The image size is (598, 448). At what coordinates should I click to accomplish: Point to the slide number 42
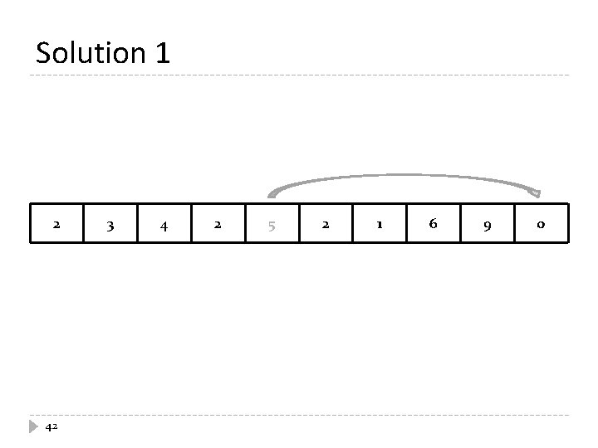pyautogui.click(x=51, y=426)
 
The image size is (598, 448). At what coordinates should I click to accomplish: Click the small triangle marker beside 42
pyautogui.click(x=33, y=426)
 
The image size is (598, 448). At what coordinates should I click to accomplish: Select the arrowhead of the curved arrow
pyautogui.click(x=535, y=193)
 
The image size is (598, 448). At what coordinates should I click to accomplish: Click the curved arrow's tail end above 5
pyautogui.click(x=270, y=194)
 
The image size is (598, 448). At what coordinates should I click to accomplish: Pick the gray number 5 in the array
pyautogui.click(x=272, y=225)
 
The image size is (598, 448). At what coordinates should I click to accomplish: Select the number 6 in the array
pyautogui.click(x=433, y=223)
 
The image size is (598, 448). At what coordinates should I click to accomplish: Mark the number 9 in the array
pyautogui.click(x=488, y=224)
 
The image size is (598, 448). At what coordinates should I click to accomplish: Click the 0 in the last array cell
pyautogui.click(x=541, y=224)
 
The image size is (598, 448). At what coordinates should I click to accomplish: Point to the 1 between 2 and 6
pyautogui.click(x=380, y=223)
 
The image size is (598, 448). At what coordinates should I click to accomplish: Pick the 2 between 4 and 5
pyautogui.click(x=218, y=223)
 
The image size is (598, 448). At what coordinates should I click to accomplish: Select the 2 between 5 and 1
pyautogui.click(x=326, y=223)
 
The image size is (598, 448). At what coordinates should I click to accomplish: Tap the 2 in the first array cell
pyautogui.click(x=56, y=223)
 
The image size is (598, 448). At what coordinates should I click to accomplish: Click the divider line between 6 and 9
pyautogui.click(x=460, y=223)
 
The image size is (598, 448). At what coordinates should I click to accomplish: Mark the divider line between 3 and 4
pyautogui.click(x=138, y=223)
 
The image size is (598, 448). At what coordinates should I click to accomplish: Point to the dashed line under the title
pyautogui.click(x=299, y=76)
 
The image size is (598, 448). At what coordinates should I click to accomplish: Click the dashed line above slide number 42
pyautogui.click(x=299, y=415)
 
